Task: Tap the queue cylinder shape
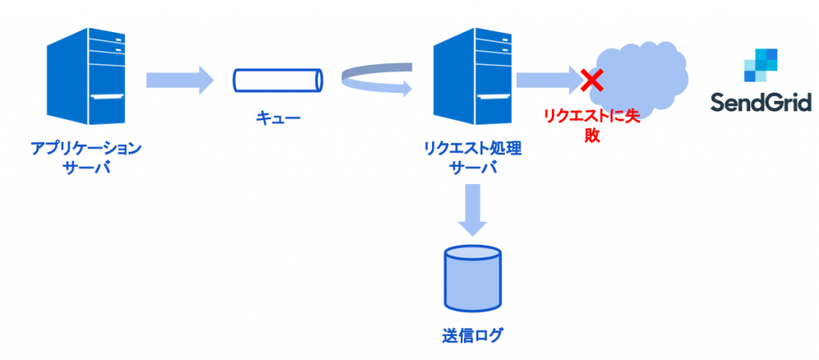click(278, 81)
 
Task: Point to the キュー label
click(278, 119)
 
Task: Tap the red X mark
click(593, 78)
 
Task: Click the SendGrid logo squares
click(761, 65)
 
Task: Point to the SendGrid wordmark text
click(761, 103)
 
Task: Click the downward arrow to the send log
click(473, 210)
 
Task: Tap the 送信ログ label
click(472, 335)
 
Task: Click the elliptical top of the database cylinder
click(472, 255)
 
